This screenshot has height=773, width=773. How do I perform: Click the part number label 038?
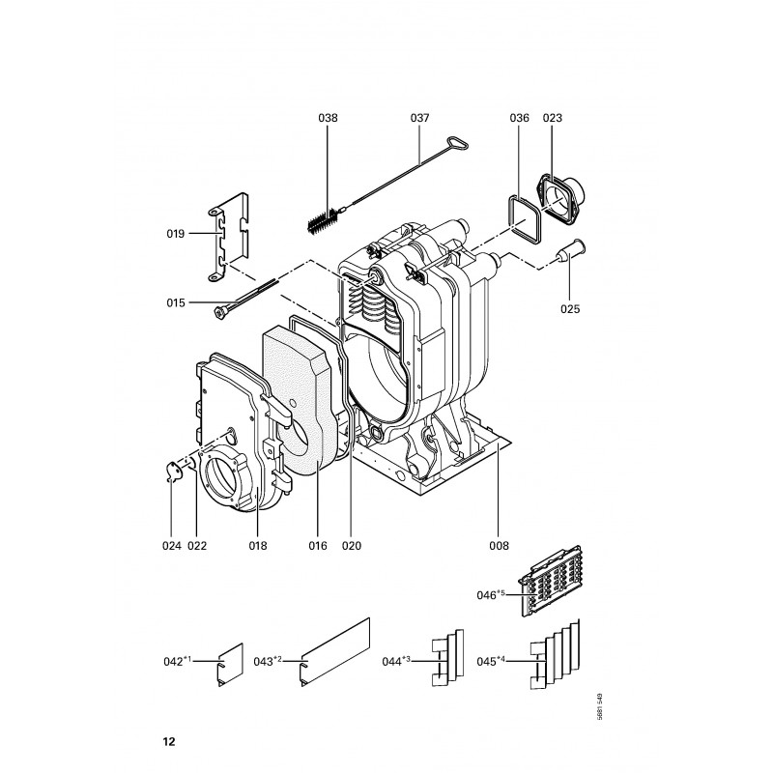point(328,118)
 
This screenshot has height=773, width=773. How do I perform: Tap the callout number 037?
point(419,118)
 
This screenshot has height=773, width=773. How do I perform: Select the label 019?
point(175,234)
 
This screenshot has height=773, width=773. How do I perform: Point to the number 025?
point(570,309)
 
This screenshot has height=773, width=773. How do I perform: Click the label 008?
point(499,546)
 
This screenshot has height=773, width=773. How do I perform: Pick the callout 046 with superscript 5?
point(491,595)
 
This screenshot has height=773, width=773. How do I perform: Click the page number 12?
point(168,741)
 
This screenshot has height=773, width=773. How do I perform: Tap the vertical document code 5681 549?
point(599,707)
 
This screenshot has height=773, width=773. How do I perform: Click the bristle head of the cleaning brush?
point(323,221)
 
